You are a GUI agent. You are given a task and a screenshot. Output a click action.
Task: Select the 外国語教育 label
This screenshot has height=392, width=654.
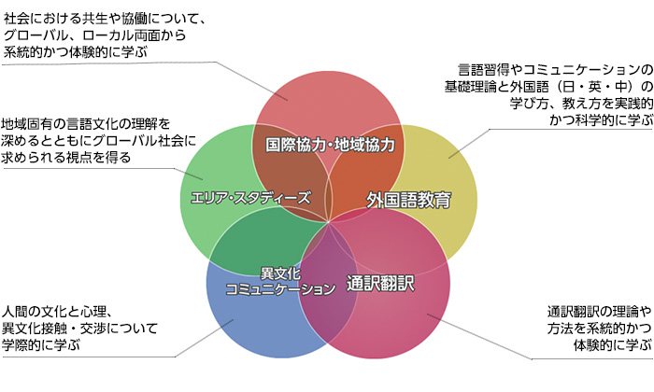point(408,199)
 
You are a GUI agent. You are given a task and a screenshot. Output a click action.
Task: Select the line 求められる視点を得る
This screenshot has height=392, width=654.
point(65,157)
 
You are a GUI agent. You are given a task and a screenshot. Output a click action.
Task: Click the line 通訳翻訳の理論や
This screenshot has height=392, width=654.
point(598,311)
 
